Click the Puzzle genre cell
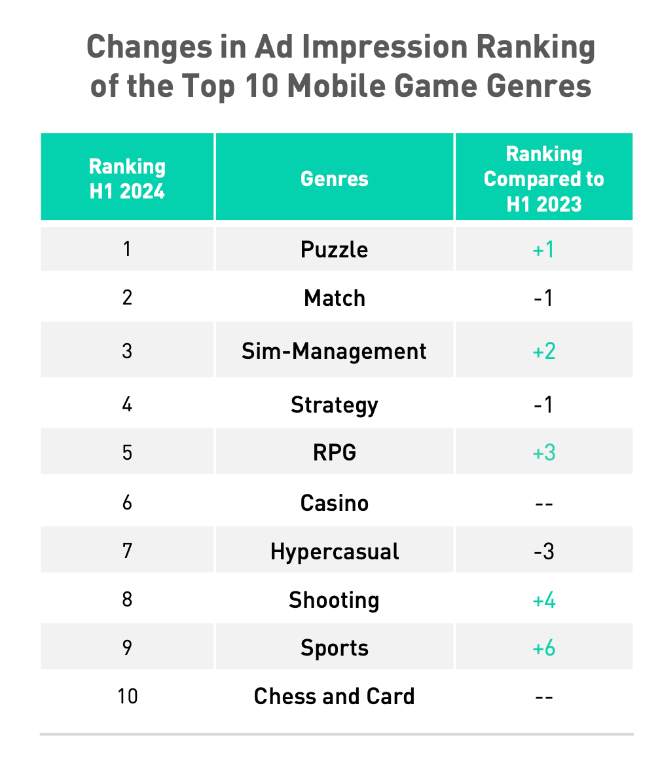[334, 250]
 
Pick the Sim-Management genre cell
[334, 351]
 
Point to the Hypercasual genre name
[334, 551]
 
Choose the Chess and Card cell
[334, 696]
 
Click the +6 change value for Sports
[543, 648]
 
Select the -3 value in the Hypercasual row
[543, 551]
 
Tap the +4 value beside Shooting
[543, 600]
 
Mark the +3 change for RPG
[543, 453]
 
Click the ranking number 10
[127, 696]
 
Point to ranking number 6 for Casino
[127, 503]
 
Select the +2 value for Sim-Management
[543, 351]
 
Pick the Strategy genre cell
[334, 405]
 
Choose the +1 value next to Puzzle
[543, 250]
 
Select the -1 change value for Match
[543, 298]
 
